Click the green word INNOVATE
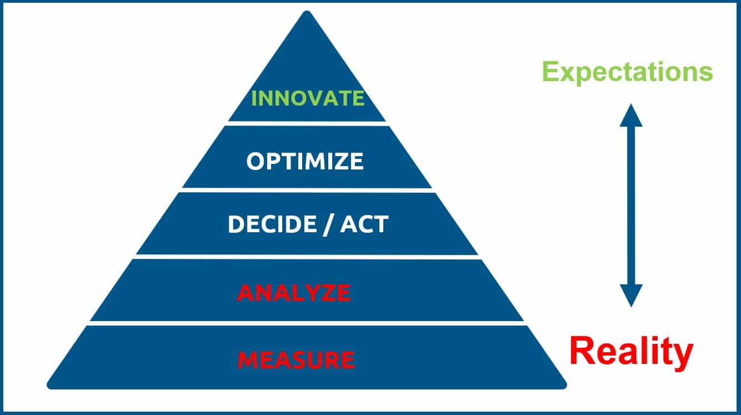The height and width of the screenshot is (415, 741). [308, 98]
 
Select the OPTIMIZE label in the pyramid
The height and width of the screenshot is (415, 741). [305, 161]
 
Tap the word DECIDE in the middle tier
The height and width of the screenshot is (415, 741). [272, 224]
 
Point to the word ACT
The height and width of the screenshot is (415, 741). [364, 224]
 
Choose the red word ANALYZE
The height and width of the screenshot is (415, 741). [294, 293]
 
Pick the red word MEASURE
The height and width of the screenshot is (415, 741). [297, 360]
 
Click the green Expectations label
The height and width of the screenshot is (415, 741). [628, 72]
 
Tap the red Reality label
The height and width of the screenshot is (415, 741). [631, 352]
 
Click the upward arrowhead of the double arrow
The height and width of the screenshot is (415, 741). [631, 115]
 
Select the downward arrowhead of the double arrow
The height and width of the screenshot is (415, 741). [631, 296]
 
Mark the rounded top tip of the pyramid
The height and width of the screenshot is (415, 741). [307, 13]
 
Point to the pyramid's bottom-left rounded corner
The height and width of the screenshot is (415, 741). [51, 385]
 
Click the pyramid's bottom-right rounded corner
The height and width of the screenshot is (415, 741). [563, 385]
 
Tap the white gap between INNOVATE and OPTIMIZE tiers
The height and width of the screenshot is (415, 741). [307, 123]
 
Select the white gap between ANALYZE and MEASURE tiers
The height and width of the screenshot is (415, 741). [307, 323]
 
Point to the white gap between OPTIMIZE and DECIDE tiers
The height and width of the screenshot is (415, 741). [307, 191]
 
